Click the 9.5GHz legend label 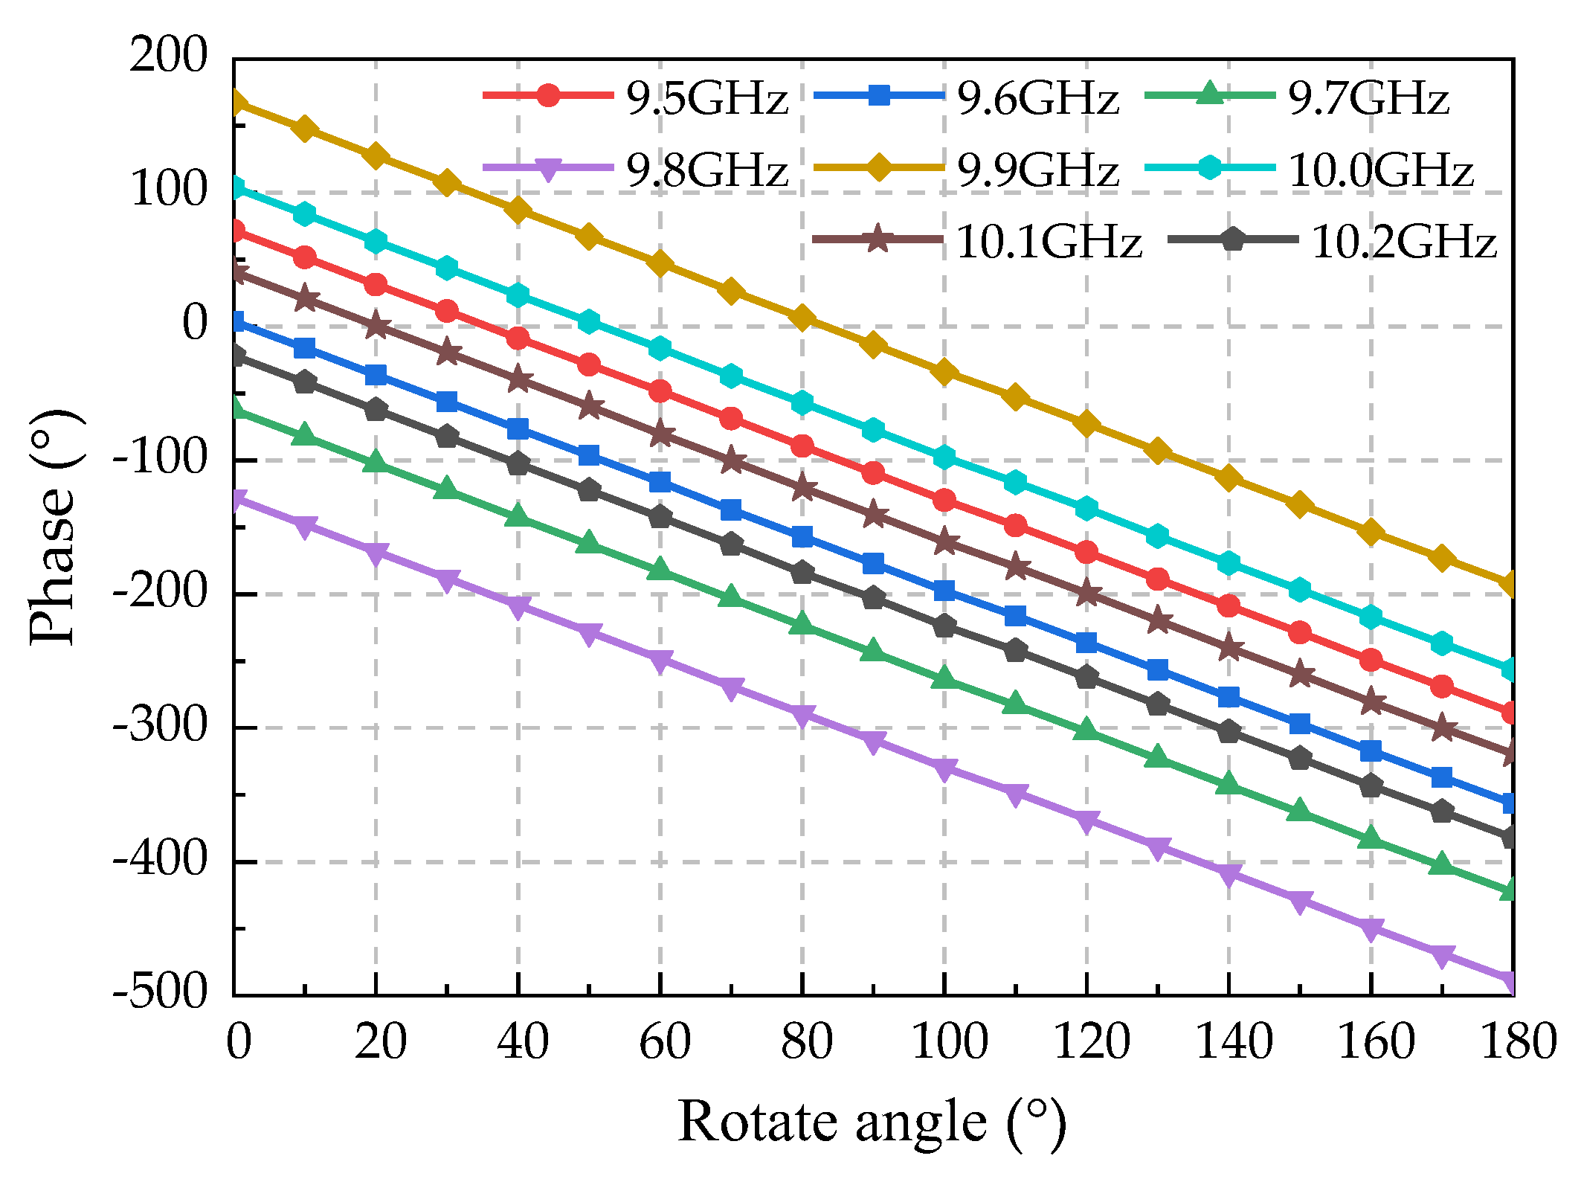[706, 97]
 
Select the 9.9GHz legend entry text [1037, 170]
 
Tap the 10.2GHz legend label [1403, 242]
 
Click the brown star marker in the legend [878, 240]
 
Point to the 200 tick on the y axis [169, 55]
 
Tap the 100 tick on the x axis [949, 1041]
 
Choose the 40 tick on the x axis [523, 1041]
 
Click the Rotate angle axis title [872, 1122]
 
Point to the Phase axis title [54, 527]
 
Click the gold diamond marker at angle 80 [802, 318]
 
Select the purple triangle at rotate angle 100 [944, 768]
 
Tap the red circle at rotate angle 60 [660, 391]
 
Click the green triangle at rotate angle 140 [1229, 783]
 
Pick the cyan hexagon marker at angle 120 [1086, 509]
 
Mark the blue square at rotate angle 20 [376, 374]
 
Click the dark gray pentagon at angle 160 [1371, 786]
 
